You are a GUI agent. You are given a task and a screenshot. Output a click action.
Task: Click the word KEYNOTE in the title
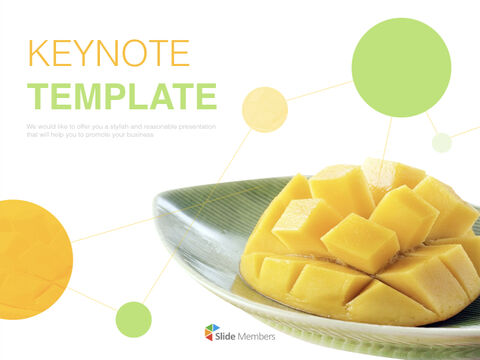[x=108, y=52]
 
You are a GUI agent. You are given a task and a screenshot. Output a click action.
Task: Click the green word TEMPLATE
[x=122, y=96]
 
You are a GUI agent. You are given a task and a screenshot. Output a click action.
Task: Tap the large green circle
[x=401, y=67]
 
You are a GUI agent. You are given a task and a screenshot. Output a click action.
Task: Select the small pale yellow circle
[x=265, y=109]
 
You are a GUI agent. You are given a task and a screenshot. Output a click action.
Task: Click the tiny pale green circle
[x=441, y=142]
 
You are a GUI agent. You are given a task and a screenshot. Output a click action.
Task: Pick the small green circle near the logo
[x=133, y=319]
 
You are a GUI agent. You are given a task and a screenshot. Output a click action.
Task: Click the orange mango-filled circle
[x=30, y=253]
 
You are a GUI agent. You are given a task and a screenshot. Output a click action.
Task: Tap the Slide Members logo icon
[x=212, y=333]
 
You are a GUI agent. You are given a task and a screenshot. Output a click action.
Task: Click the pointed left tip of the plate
[x=157, y=205]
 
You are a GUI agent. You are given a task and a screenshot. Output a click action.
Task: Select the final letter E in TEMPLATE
[x=205, y=96]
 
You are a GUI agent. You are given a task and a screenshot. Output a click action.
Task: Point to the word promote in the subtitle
[x=97, y=134]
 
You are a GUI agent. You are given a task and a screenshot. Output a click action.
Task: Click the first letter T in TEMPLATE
[x=39, y=96]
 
